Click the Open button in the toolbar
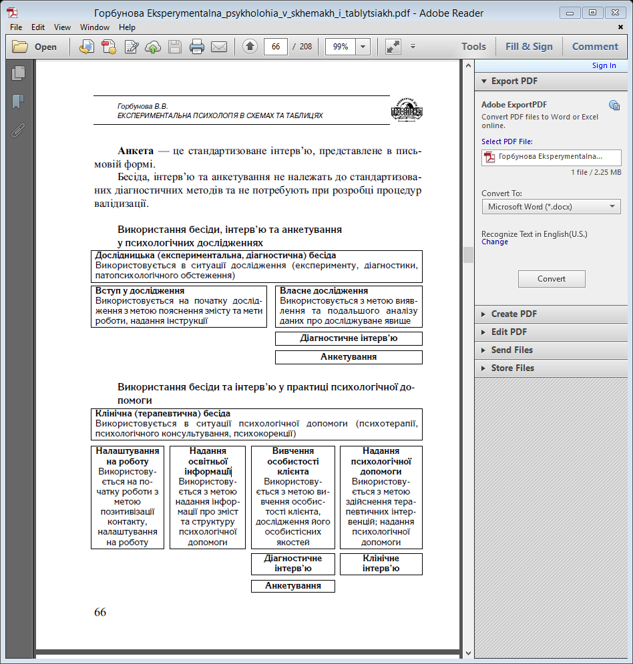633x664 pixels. [x=35, y=47]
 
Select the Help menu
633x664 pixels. [x=127, y=27]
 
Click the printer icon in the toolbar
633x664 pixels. [x=196, y=47]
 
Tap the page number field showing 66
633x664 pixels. [x=276, y=47]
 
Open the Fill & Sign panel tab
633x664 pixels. [x=529, y=47]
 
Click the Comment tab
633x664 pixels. [x=595, y=47]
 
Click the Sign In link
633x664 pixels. [x=604, y=65]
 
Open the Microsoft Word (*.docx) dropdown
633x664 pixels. [x=551, y=207]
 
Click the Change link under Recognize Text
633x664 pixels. [x=495, y=242]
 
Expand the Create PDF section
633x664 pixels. [x=513, y=314]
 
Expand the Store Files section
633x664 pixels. [x=512, y=368]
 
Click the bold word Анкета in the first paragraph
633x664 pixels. [x=136, y=151]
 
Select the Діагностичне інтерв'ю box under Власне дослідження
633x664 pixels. [x=349, y=338]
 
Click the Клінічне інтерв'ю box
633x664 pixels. [x=381, y=563]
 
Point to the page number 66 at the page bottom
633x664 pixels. [x=100, y=612]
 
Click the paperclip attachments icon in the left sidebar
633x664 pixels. [x=18, y=130]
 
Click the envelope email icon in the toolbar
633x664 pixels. [x=218, y=47]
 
